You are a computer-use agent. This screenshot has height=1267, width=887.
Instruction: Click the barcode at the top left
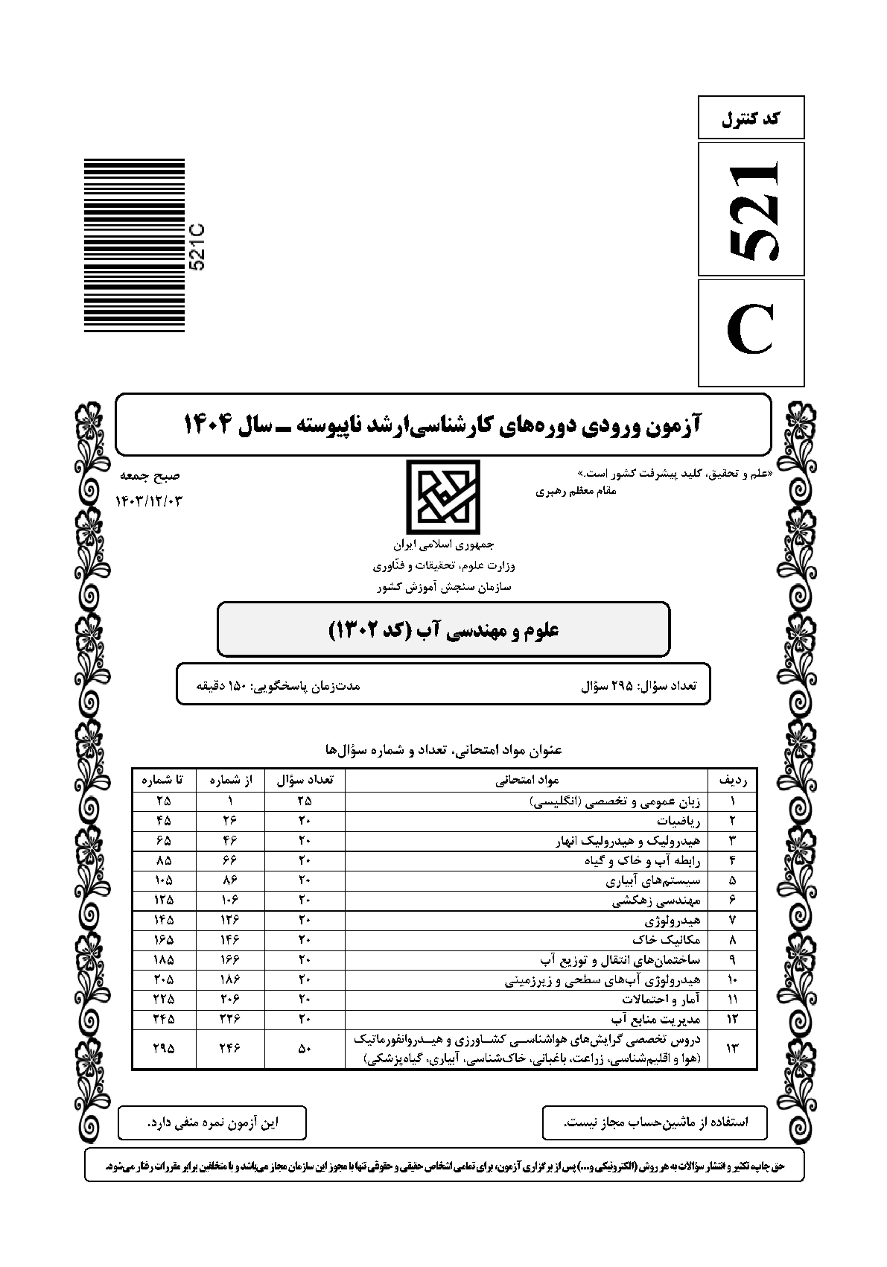(x=133, y=246)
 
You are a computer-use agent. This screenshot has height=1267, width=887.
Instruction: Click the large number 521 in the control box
(x=751, y=209)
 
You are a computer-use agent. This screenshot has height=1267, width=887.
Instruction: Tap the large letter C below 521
(x=751, y=333)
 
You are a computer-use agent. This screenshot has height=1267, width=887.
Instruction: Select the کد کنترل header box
(x=751, y=118)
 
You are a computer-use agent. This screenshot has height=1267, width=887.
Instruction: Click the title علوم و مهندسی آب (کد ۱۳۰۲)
(x=443, y=629)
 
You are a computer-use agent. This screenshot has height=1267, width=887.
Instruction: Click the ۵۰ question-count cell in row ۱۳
(x=305, y=1048)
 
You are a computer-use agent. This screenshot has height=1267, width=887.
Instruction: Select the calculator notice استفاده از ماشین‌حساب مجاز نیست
(x=655, y=1122)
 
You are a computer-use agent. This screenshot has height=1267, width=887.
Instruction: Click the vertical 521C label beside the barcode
(x=199, y=246)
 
